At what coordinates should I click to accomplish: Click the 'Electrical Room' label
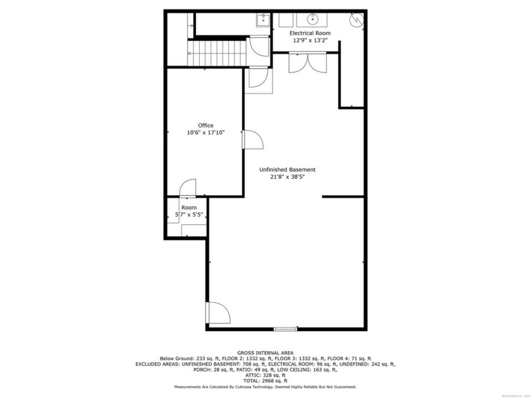(310, 33)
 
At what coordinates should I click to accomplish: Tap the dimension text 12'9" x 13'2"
(310, 40)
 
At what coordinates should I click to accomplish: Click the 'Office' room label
(205, 125)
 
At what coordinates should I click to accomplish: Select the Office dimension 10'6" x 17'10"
(205, 133)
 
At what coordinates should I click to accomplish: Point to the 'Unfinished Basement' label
(288, 169)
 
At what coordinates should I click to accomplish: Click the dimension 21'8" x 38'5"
(288, 177)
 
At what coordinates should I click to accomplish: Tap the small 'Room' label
(189, 207)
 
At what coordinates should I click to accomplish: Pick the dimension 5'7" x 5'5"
(189, 215)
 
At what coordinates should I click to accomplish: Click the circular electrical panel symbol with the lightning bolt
(357, 20)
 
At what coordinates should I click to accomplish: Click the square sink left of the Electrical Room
(263, 20)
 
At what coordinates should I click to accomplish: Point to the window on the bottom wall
(285, 329)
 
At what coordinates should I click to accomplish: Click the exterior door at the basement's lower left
(216, 313)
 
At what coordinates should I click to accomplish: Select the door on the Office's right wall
(252, 140)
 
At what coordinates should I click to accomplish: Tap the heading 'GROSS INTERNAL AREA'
(265, 353)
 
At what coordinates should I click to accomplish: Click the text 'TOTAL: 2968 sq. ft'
(265, 381)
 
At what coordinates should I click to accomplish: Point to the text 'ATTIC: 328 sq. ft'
(265, 375)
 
